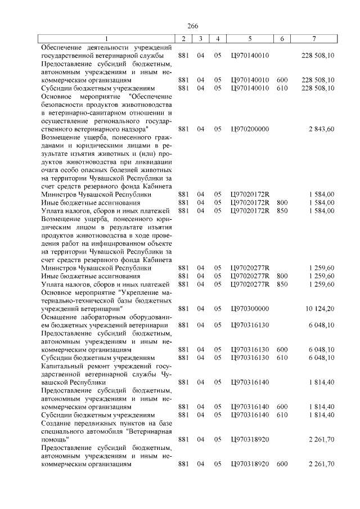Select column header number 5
click(x=249, y=38)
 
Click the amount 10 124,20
click(x=319, y=308)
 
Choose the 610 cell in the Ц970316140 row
click(x=282, y=415)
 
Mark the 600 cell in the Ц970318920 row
click(x=282, y=464)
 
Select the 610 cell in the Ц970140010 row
click(x=282, y=88)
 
